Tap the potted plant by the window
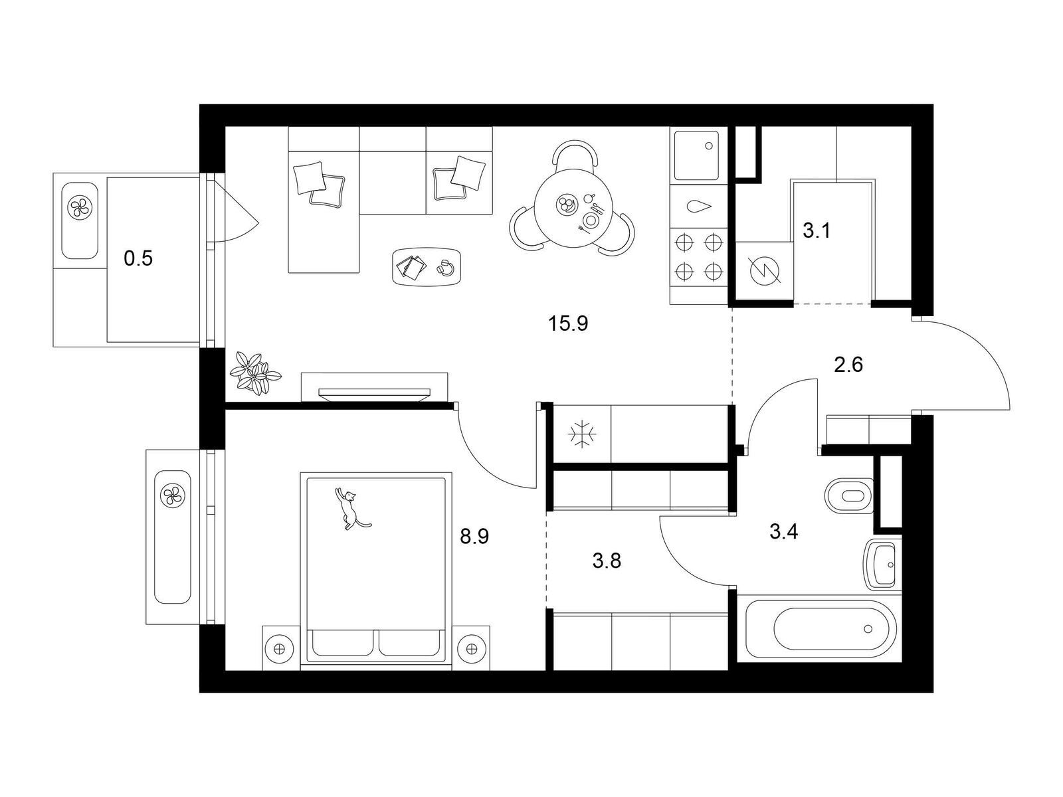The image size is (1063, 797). coord(254,373)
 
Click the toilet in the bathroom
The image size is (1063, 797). coord(848,496)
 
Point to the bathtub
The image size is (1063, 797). coord(819,629)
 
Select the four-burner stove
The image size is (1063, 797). coord(698,256)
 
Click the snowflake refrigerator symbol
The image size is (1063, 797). coord(580,434)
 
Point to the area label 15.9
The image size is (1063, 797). coord(568,323)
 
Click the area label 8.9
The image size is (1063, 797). coord(474,536)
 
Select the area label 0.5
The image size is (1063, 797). coord(138,259)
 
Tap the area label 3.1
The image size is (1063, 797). coord(817,231)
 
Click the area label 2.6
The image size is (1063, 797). coord(848,365)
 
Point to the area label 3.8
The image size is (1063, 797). coord(607,561)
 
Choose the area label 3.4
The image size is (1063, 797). coord(783,532)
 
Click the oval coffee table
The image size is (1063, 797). coord(426,266)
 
